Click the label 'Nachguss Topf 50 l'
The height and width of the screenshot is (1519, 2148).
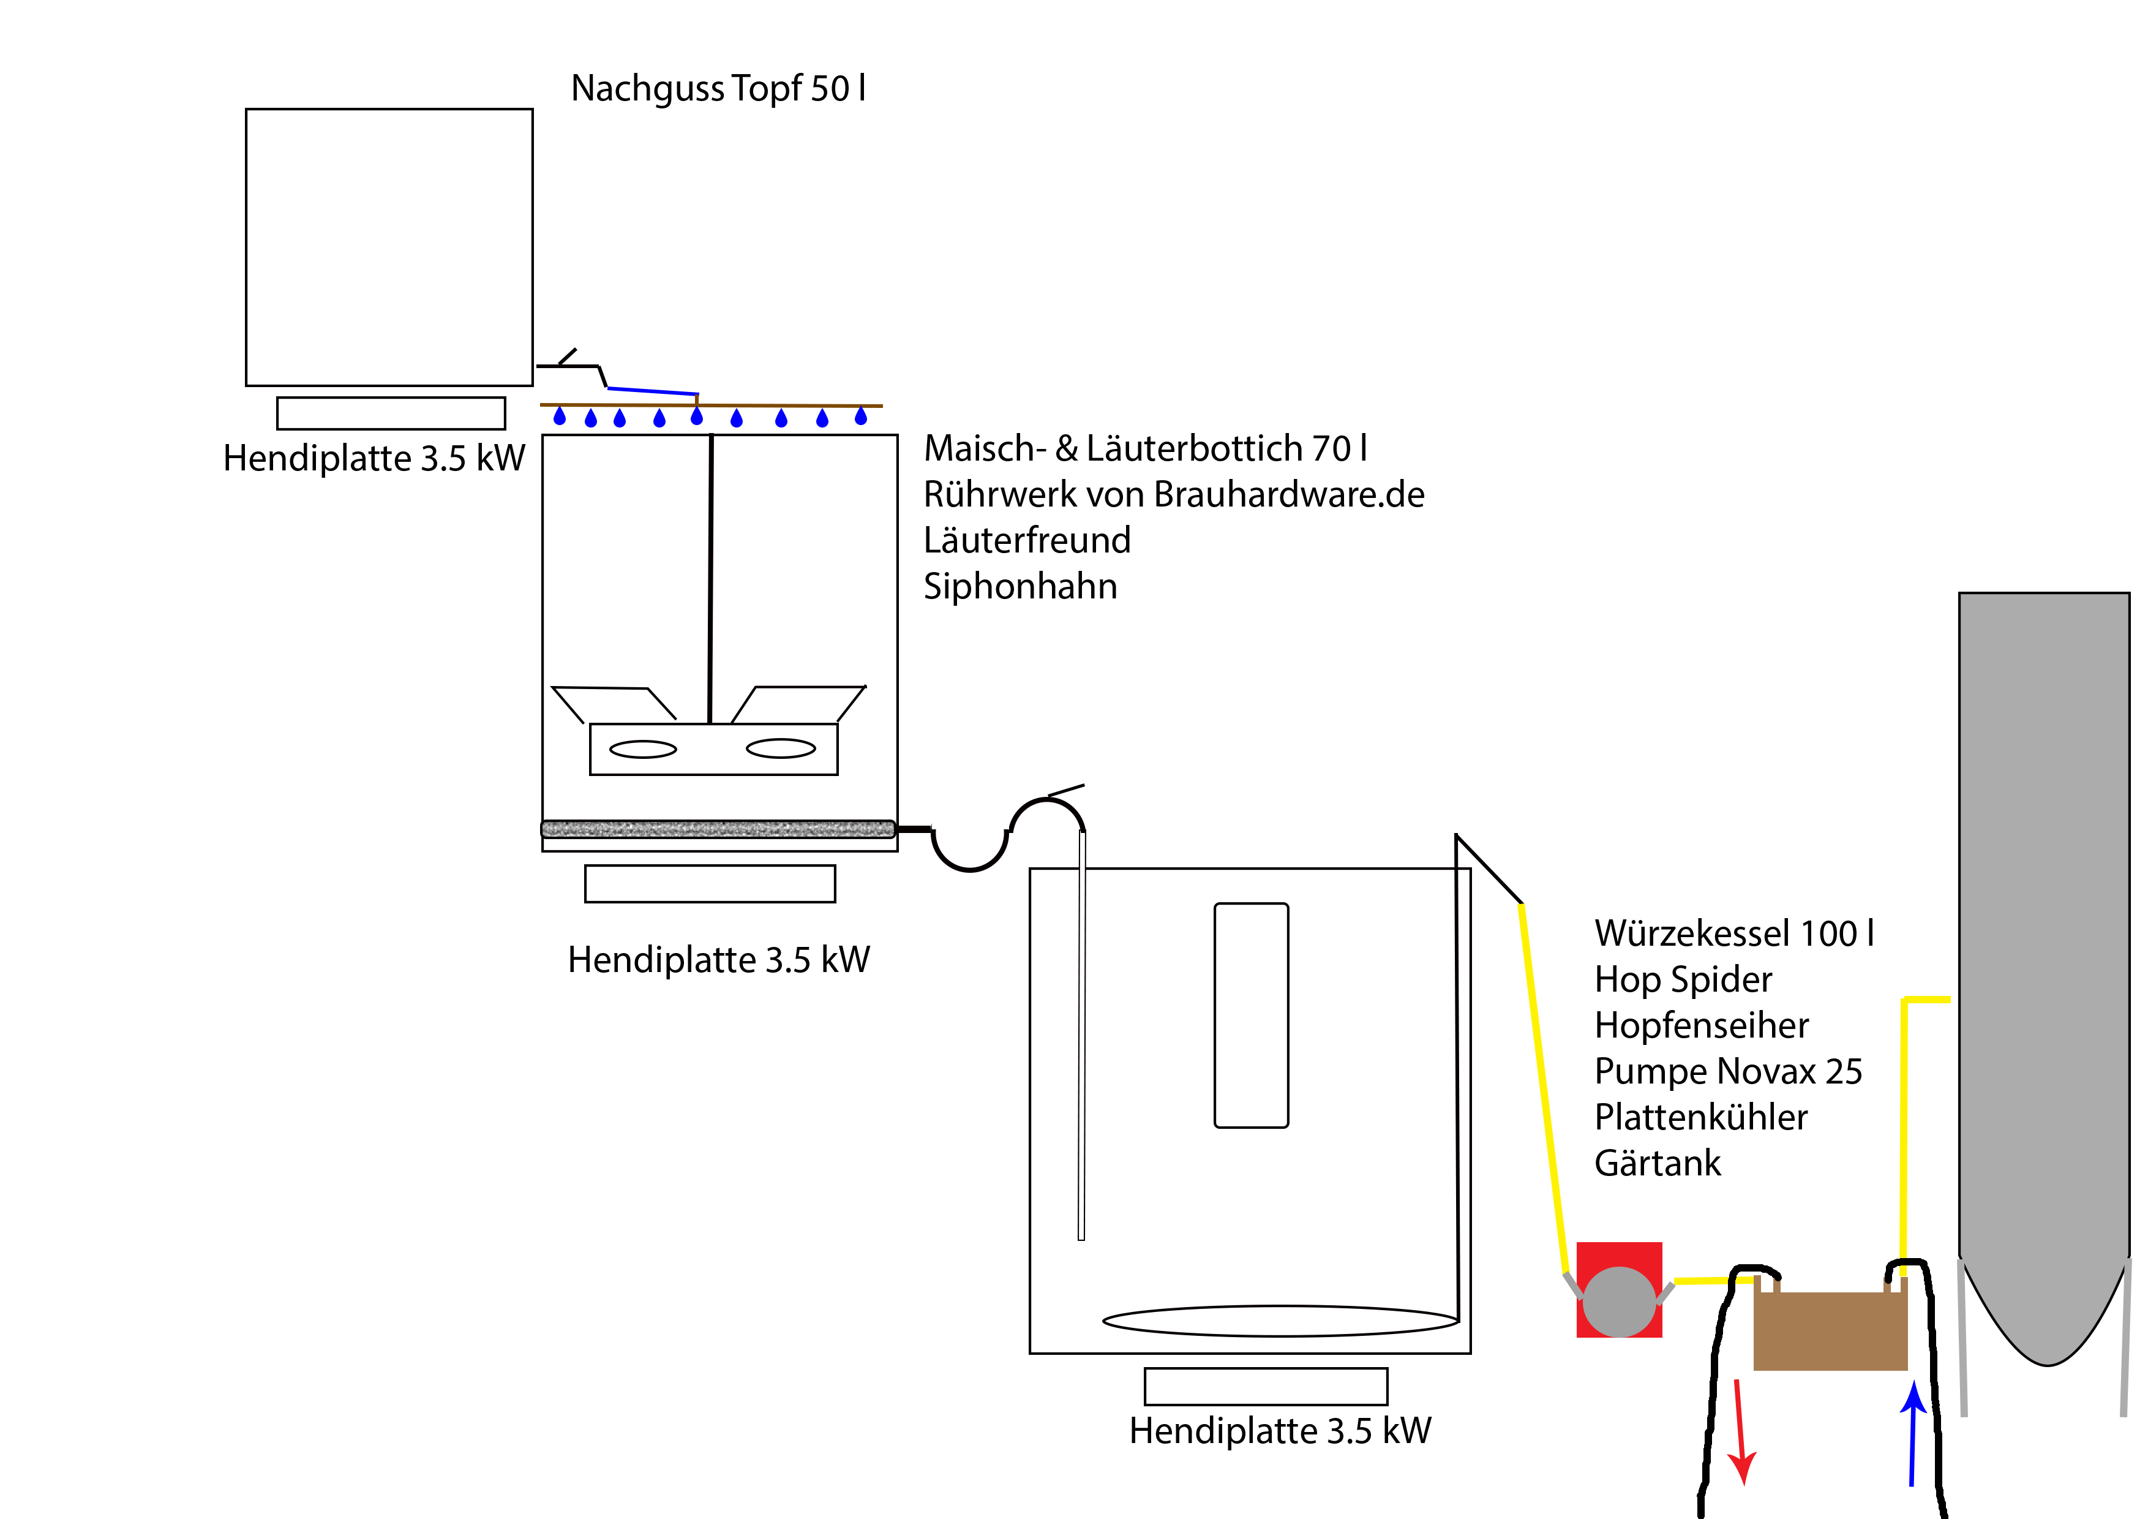[718, 89]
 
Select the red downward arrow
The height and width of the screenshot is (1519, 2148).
[1740, 1432]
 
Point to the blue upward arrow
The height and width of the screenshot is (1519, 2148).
[1913, 1432]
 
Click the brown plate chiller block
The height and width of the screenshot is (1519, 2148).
[1829, 1331]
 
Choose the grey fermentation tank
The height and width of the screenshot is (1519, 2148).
[2043, 936]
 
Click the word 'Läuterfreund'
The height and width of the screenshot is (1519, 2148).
[1026, 541]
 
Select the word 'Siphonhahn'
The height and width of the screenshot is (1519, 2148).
[1020, 587]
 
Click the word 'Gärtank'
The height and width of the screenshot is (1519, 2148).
[1657, 1163]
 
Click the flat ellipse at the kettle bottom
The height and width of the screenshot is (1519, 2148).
[1280, 1321]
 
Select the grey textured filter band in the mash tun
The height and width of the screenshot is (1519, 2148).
[718, 828]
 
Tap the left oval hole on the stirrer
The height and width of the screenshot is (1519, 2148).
[643, 748]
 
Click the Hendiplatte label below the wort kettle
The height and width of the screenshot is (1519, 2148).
[1279, 1431]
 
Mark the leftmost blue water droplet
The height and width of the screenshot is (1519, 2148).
[560, 417]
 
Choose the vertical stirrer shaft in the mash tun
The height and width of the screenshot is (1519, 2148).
[710, 580]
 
